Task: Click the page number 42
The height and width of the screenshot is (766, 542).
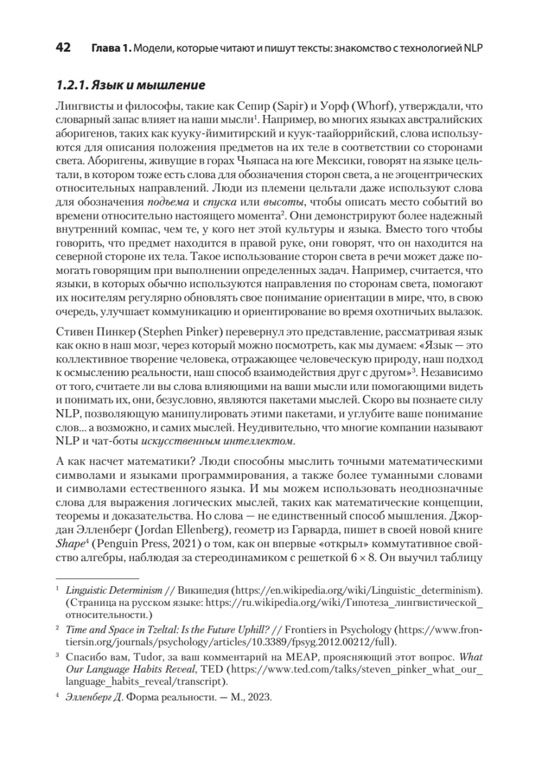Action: coord(64,48)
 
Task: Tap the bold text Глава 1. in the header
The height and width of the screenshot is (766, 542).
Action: coord(110,49)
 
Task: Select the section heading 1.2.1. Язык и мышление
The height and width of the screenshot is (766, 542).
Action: coord(130,85)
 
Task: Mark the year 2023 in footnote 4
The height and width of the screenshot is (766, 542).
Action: coord(259,698)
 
